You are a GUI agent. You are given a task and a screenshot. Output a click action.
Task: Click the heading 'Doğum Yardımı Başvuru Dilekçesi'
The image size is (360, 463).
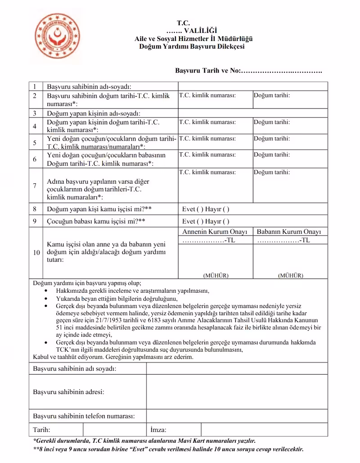point(192,46)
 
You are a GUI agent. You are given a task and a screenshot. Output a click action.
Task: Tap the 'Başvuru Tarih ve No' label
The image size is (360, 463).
point(208,71)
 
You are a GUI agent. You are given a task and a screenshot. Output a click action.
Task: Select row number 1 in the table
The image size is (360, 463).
point(35,86)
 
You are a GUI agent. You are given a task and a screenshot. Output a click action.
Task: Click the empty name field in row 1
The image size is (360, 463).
point(252,86)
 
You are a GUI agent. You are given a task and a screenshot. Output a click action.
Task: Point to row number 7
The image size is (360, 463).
point(35,186)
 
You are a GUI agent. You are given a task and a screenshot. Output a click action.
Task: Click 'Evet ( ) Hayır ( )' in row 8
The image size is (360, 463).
point(206,209)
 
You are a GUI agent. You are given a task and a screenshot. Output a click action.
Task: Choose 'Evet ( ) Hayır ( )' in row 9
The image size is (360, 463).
point(206,221)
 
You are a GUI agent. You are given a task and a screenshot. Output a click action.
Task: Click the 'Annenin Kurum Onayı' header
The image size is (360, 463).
point(215,232)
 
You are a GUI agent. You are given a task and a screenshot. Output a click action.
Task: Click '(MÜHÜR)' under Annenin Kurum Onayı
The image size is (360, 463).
point(216,275)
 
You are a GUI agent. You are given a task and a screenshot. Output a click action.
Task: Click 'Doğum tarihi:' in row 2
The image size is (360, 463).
point(271,95)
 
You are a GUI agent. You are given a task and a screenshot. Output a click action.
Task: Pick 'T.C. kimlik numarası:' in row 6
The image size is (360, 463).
point(207,154)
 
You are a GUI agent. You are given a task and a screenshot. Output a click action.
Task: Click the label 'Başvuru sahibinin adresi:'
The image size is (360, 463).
point(69,391)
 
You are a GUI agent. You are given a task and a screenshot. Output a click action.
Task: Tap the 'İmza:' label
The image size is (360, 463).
point(158,430)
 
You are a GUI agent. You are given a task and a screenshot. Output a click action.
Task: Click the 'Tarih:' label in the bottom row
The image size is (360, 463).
point(42,430)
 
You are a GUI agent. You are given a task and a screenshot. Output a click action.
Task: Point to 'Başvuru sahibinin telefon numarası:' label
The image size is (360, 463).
point(84,416)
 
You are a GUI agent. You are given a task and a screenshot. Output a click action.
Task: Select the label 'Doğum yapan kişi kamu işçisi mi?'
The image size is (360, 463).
point(99,209)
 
